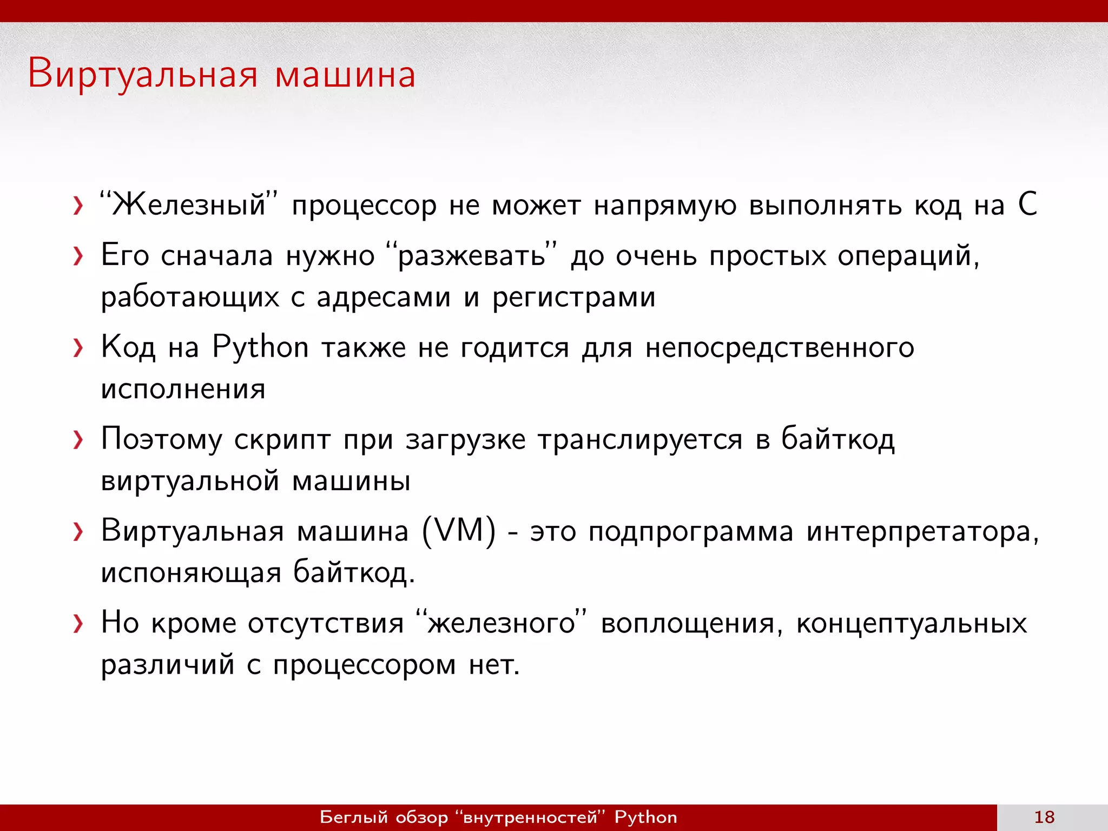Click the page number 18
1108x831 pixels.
pos(1044,817)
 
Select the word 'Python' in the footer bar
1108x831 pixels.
pos(645,817)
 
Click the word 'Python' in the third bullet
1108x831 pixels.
pos(260,347)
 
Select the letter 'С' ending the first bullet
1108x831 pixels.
pos(1027,205)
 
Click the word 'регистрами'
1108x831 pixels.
pos(573,297)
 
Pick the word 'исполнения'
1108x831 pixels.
pos(183,389)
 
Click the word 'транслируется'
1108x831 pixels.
pos(640,439)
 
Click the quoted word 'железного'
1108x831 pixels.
pos(502,623)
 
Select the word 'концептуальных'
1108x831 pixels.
pos(911,623)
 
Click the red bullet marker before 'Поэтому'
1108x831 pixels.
pos(78,440)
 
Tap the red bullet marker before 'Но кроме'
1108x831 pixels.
pos(78,624)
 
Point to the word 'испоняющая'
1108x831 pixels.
pos(191,573)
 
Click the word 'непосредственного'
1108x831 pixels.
pos(780,347)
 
